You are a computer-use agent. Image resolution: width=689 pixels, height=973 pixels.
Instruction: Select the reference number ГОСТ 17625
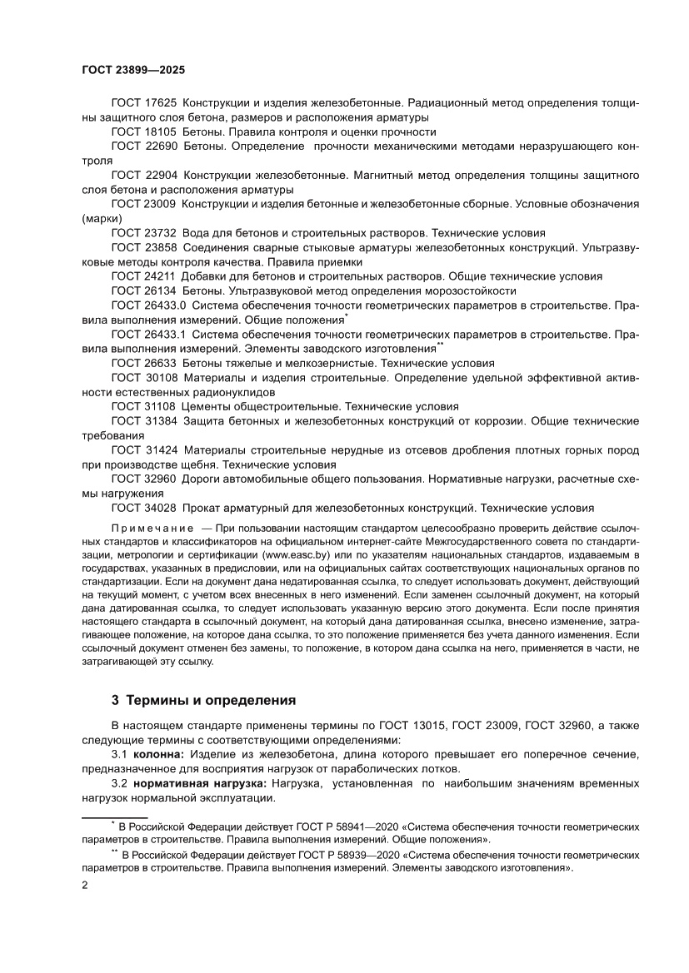(x=143, y=102)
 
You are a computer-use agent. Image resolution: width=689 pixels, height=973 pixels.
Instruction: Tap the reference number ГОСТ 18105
(x=143, y=132)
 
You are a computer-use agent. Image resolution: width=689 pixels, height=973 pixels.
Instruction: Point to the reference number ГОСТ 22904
(x=143, y=175)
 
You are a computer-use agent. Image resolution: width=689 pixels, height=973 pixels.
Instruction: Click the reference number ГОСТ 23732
(x=143, y=233)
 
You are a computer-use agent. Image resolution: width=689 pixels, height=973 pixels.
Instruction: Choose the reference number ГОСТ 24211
(x=143, y=276)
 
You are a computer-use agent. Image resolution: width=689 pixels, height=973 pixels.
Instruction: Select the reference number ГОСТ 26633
(x=143, y=364)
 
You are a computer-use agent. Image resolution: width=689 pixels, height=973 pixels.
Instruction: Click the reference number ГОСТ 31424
(x=143, y=450)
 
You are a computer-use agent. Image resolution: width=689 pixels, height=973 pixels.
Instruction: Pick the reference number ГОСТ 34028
(x=143, y=509)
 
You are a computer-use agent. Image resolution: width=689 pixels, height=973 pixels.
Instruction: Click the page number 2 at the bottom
(x=85, y=885)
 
